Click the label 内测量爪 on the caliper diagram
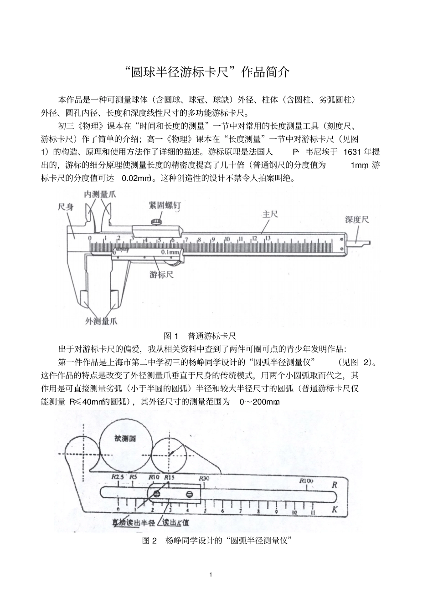click(99, 194)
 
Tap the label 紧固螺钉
click(164, 205)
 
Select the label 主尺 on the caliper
click(270, 214)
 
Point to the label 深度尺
click(356, 220)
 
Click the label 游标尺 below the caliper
click(161, 275)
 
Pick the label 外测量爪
click(101, 322)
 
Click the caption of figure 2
click(216, 541)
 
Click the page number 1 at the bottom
click(211, 575)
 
